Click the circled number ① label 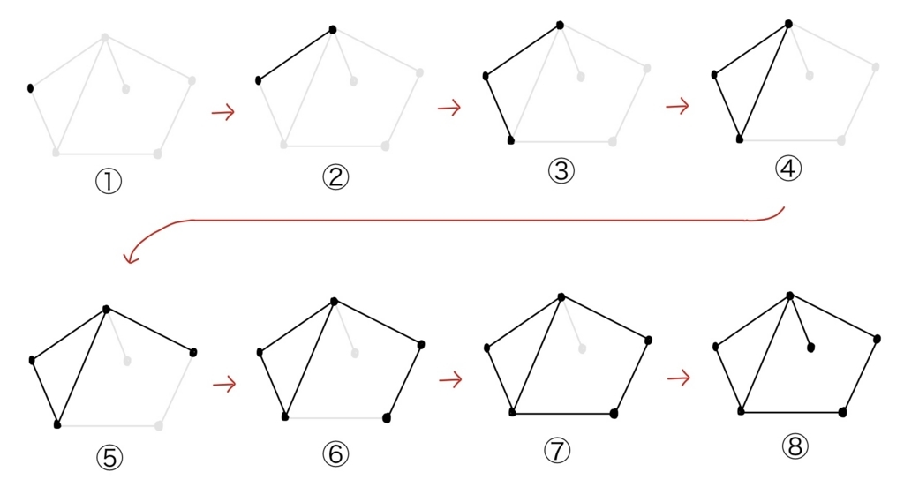tap(109, 182)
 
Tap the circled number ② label tap(335, 177)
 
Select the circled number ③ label tap(561, 171)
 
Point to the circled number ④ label tap(788, 169)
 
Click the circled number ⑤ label tap(109, 458)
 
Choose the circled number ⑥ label tap(335, 454)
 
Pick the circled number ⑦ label tap(557, 450)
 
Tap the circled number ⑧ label tap(795, 446)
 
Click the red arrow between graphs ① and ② tap(223, 112)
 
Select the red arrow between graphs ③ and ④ tap(677, 106)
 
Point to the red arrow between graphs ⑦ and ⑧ tap(679, 378)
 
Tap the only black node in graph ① tap(30, 88)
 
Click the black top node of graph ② tap(333, 29)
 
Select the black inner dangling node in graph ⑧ tap(811, 348)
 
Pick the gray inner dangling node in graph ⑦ tap(583, 348)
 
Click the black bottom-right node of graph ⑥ tap(387, 418)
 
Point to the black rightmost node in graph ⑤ tap(193, 352)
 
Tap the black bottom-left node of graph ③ tap(510, 140)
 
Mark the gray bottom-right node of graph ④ tap(841, 140)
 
